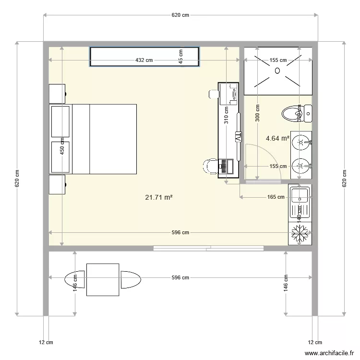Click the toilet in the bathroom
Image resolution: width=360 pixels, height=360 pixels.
coord(293,114)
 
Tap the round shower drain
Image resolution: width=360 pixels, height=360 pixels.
coord(277,71)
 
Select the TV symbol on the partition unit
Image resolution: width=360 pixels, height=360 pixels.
coord(237,137)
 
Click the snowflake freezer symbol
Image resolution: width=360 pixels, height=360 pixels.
coord(300,235)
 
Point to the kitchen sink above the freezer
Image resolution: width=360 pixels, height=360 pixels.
coord(300,195)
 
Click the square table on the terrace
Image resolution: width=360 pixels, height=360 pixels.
coord(103,280)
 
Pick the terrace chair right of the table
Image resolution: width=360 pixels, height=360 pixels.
coord(130,280)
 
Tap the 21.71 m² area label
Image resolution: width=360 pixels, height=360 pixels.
coord(158,197)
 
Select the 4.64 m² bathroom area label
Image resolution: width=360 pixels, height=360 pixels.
coord(277,139)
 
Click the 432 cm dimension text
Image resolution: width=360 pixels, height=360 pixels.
coord(144,60)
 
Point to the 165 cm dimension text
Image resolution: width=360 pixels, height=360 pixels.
coord(275,197)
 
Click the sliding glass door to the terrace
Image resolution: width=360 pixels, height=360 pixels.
coord(208,248)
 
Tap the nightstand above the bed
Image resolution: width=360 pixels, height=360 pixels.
coord(57,93)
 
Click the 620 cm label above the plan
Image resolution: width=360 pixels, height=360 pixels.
coord(180,15)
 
